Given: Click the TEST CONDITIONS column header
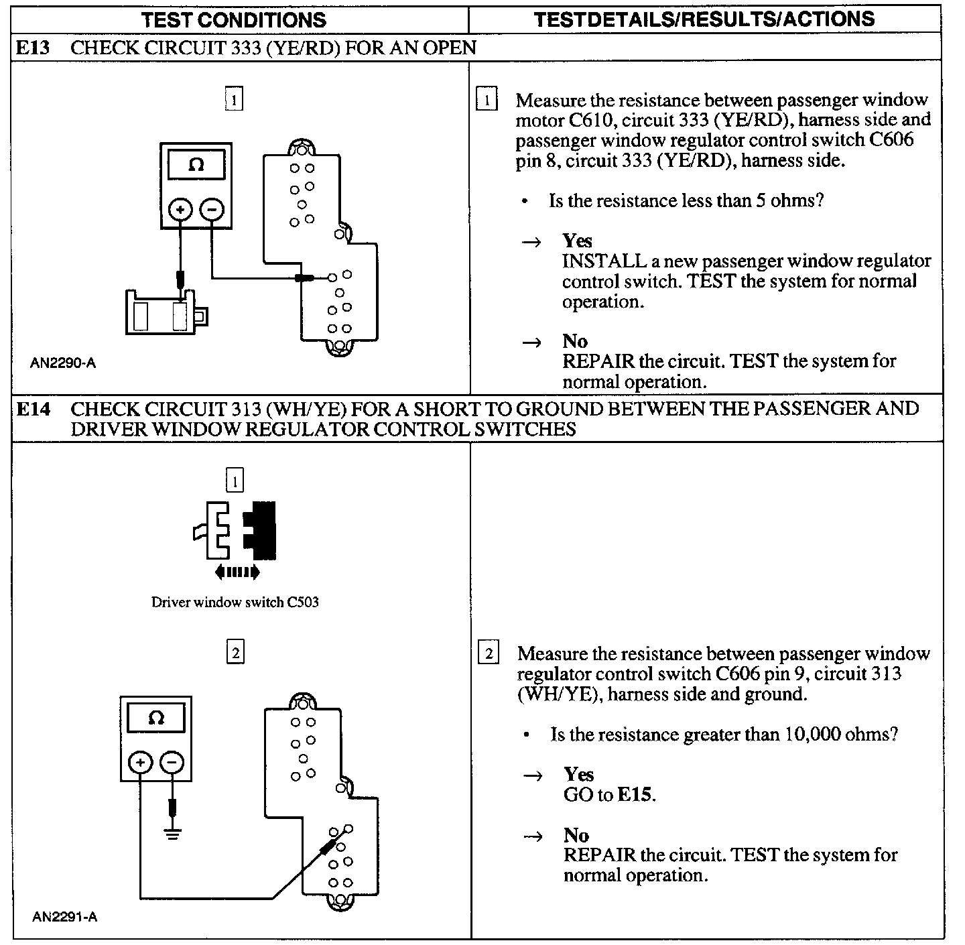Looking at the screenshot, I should (x=233, y=19).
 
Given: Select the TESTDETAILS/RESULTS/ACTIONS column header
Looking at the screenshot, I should (x=704, y=19).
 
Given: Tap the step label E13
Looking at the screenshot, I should (x=34, y=48).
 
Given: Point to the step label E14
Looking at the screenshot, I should (x=34, y=409).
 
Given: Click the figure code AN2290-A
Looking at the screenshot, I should (x=63, y=363).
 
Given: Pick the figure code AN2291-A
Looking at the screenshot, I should (x=64, y=917).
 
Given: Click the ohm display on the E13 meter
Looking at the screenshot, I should (x=196, y=164).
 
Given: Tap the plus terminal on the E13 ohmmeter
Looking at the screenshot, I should (x=180, y=210).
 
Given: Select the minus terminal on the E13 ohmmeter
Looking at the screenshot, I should (x=212, y=210).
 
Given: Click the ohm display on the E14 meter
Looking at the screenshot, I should (x=155, y=718).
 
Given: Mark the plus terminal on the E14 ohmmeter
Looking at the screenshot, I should (x=140, y=762).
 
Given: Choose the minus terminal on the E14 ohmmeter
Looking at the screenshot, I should (x=172, y=762).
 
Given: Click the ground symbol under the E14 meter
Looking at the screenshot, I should (x=173, y=834).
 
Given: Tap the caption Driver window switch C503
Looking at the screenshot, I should (x=235, y=602).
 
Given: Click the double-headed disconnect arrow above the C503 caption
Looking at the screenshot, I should (x=237, y=572).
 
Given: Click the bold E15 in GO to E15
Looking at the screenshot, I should (x=634, y=795).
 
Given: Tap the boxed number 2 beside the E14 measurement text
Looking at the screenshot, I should (x=489, y=653).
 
